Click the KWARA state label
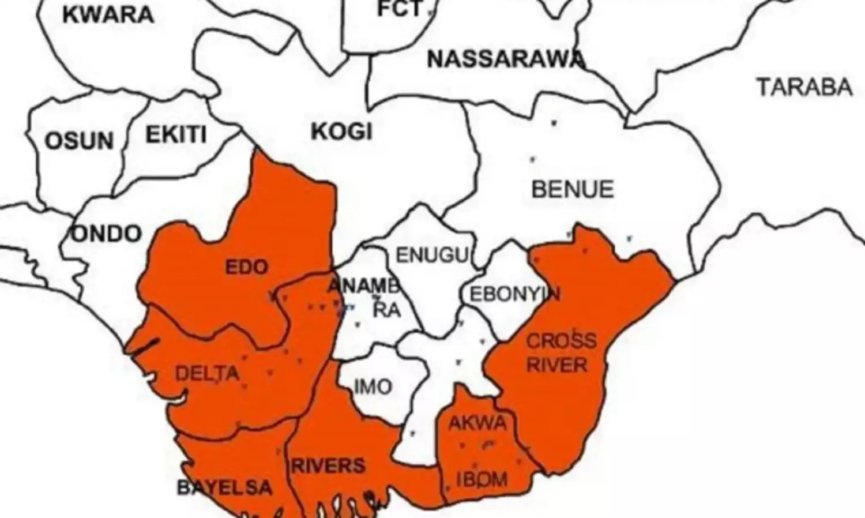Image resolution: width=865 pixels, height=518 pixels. pyautogui.click(x=108, y=14)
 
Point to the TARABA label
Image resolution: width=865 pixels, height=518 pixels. pyautogui.click(x=804, y=87)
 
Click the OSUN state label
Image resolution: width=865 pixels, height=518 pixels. pyautogui.click(x=79, y=141)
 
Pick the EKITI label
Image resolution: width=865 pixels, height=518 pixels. pyautogui.click(x=176, y=135)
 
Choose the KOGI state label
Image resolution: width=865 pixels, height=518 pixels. pyautogui.click(x=342, y=132)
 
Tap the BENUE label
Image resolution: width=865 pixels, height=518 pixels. pyautogui.click(x=573, y=190)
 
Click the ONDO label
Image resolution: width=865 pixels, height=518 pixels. pyautogui.click(x=107, y=234)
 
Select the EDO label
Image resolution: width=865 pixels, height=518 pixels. pyautogui.click(x=247, y=267)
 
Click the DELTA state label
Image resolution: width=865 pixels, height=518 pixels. pyautogui.click(x=207, y=373)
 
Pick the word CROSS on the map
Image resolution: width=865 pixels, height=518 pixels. pyautogui.click(x=562, y=340)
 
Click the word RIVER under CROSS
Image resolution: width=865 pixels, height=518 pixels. pyautogui.click(x=557, y=365)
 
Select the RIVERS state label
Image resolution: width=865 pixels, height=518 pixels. pyautogui.click(x=328, y=466)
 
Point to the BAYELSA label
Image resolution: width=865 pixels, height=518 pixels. pyautogui.click(x=224, y=487)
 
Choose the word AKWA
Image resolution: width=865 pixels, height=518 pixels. pyautogui.click(x=477, y=423)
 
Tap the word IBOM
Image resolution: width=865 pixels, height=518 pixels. pyautogui.click(x=482, y=479)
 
